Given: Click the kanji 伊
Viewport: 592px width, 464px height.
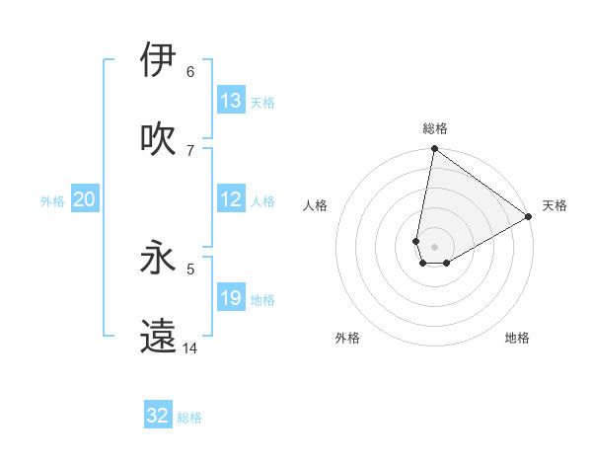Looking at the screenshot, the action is pos(158,59).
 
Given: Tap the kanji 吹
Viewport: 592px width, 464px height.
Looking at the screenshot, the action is pos(158,138).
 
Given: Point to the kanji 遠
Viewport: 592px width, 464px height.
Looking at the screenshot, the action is pos(158,336).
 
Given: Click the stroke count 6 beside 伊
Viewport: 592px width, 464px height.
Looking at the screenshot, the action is pos(190,72).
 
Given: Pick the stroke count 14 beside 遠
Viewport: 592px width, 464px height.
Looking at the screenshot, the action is pos(190,348).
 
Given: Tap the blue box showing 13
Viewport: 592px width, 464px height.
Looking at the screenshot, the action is pos(231,101).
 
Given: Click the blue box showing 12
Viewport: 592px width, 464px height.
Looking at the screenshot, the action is pos(231,199).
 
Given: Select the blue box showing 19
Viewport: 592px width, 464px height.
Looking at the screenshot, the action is pos(231,298).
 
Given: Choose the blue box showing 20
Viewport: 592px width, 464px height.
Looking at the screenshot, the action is pos(85,199).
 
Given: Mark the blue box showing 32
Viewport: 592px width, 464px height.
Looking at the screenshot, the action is pos(158,416).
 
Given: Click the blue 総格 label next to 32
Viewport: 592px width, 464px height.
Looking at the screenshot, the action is pos(189,418).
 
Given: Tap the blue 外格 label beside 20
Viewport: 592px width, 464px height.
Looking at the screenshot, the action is pos(52,201).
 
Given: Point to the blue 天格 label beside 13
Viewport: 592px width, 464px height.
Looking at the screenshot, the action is pos(262,103).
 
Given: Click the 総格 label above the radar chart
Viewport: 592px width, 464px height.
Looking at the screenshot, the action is pos(435,128).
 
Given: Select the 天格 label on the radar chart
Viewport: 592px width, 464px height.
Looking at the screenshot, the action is pos(555,205).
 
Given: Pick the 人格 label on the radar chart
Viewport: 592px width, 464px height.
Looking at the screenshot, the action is pos(316,205).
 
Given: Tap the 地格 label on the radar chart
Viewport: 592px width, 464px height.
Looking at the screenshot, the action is pos(517,338).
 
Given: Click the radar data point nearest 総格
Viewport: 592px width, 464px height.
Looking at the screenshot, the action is pos(434,150).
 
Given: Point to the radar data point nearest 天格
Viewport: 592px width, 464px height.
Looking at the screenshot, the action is pos(529,217).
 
